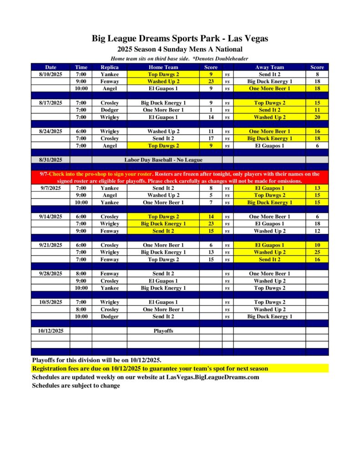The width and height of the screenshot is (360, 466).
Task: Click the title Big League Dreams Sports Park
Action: click(x=180, y=39)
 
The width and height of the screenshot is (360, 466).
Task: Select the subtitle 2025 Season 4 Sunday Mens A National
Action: click(x=180, y=49)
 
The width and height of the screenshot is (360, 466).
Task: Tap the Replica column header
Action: click(x=109, y=67)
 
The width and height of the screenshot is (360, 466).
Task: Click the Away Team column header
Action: click(x=269, y=67)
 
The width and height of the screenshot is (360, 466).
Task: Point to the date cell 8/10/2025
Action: click(x=51, y=74)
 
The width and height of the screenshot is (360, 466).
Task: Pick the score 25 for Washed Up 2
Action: click(x=317, y=252)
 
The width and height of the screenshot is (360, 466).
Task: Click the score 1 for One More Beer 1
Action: click(x=211, y=110)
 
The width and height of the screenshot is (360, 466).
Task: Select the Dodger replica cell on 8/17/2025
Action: click(x=109, y=110)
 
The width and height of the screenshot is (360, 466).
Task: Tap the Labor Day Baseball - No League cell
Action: click(x=163, y=160)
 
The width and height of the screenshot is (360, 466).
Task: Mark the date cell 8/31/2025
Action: click(x=51, y=160)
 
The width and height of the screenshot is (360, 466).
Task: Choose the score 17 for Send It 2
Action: click(x=211, y=138)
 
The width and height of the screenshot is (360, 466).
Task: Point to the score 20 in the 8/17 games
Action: click(x=317, y=117)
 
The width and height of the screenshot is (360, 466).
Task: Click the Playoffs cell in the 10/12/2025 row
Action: click(x=163, y=331)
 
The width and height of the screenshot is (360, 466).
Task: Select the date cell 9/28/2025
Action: click(x=51, y=274)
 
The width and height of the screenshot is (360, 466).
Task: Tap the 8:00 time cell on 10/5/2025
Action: click(x=81, y=309)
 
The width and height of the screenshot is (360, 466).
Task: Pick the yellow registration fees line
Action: click(x=150, y=369)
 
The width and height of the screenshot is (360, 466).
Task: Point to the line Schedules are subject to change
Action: click(x=76, y=386)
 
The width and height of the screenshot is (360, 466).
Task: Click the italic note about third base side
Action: click(x=180, y=59)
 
